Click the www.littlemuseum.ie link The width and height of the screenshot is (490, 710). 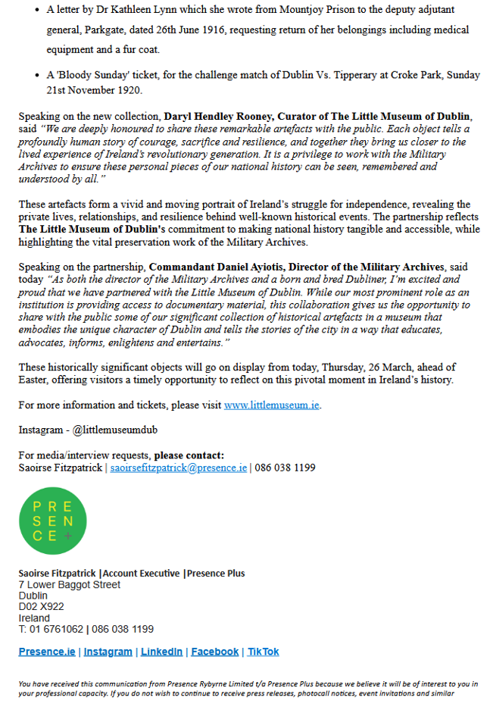[x=272, y=405]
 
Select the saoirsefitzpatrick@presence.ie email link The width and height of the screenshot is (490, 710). [x=179, y=468]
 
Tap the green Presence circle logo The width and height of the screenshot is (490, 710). [x=52, y=520]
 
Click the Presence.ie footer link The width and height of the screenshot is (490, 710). [x=47, y=652]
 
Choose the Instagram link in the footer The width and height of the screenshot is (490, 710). [x=108, y=652]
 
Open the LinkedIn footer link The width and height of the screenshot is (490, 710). [x=161, y=652]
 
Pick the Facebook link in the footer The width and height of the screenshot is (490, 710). [x=214, y=652]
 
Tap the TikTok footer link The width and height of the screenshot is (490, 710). [x=263, y=652]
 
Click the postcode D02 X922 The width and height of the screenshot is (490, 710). [x=41, y=607]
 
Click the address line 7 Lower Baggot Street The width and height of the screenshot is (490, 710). [x=69, y=585]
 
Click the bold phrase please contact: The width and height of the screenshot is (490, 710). [x=189, y=455]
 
